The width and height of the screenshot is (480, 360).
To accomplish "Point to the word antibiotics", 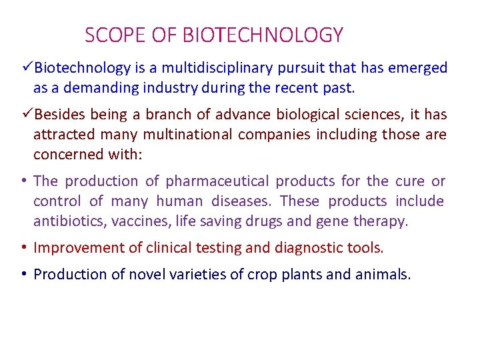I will click(x=67, y=221).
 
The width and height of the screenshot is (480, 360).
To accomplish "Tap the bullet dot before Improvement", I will click(x=23, y=248).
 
